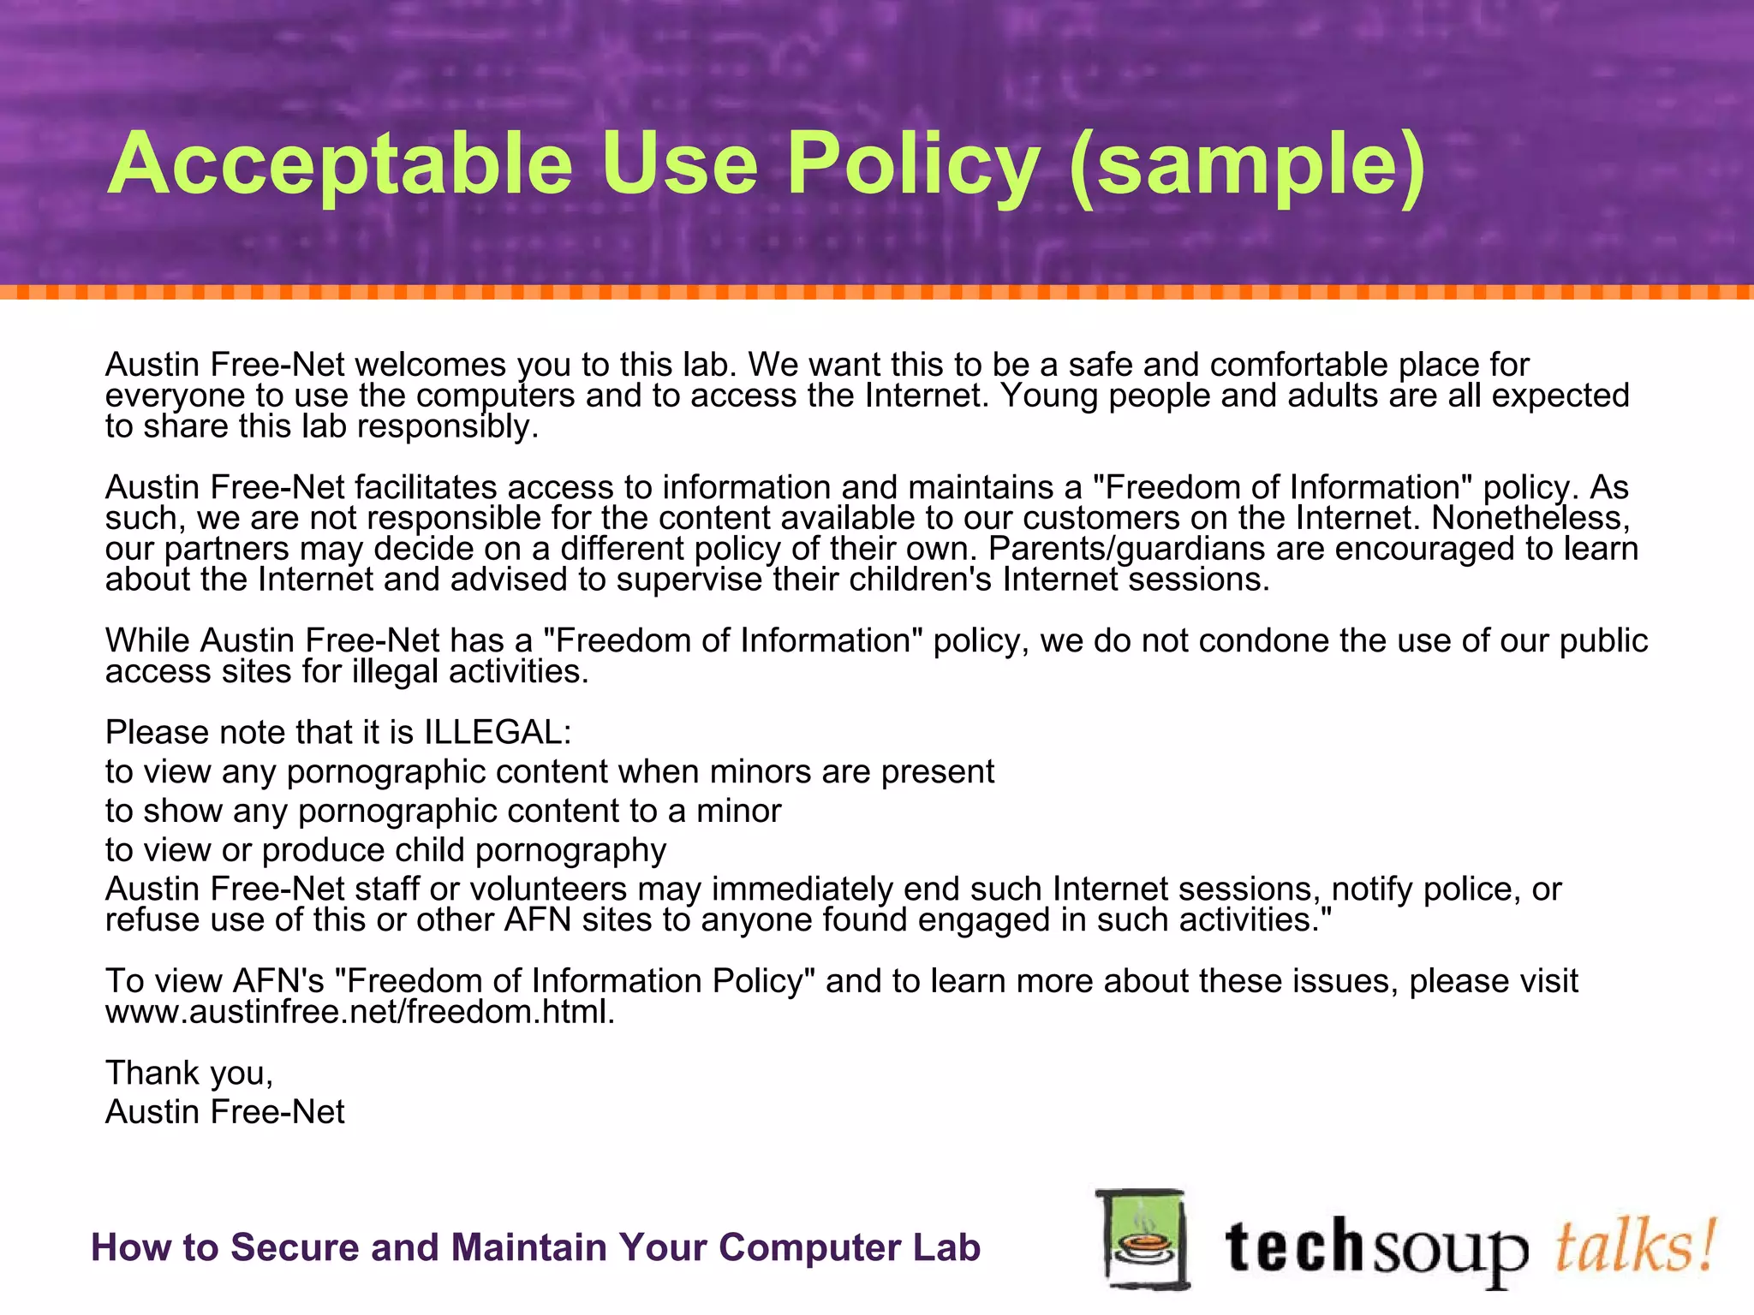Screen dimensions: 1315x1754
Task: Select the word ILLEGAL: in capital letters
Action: pos(498,732)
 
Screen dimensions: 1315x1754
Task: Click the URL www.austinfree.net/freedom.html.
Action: pos(360,1011)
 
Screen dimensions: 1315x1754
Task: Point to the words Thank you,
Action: pos(189,1072)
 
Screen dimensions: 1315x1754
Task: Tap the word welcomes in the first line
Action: pos(431,365)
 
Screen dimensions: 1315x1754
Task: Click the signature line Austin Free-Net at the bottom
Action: pos(225,1111)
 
